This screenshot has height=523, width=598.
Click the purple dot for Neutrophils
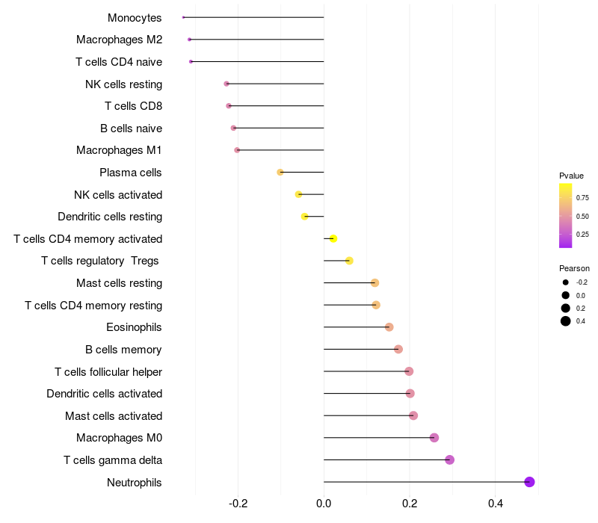(529, 482)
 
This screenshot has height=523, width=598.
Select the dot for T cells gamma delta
(449, 459)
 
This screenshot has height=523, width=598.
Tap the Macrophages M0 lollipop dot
(434, 438)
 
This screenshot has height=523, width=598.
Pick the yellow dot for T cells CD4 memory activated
(333, 238)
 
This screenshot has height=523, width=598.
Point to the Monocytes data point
(183, 17)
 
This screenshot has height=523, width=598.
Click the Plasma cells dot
(280, 172)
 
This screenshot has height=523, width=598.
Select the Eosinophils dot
(389, 327)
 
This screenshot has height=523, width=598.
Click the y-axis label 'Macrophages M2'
(119, 40)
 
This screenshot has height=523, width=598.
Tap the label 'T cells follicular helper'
(108, 371)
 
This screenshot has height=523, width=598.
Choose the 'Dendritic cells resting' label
(110, 217)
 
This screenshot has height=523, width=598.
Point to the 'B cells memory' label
(123, 349)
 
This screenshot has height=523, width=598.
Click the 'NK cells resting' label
(123, 84)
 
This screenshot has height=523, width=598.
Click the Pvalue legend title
(571, 176)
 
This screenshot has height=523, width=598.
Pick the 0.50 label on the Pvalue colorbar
(582, 216)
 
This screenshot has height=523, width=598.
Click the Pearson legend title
(574, 268)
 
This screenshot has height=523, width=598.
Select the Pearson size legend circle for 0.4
(566, 321)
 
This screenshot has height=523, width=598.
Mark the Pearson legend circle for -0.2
(566, 282)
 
